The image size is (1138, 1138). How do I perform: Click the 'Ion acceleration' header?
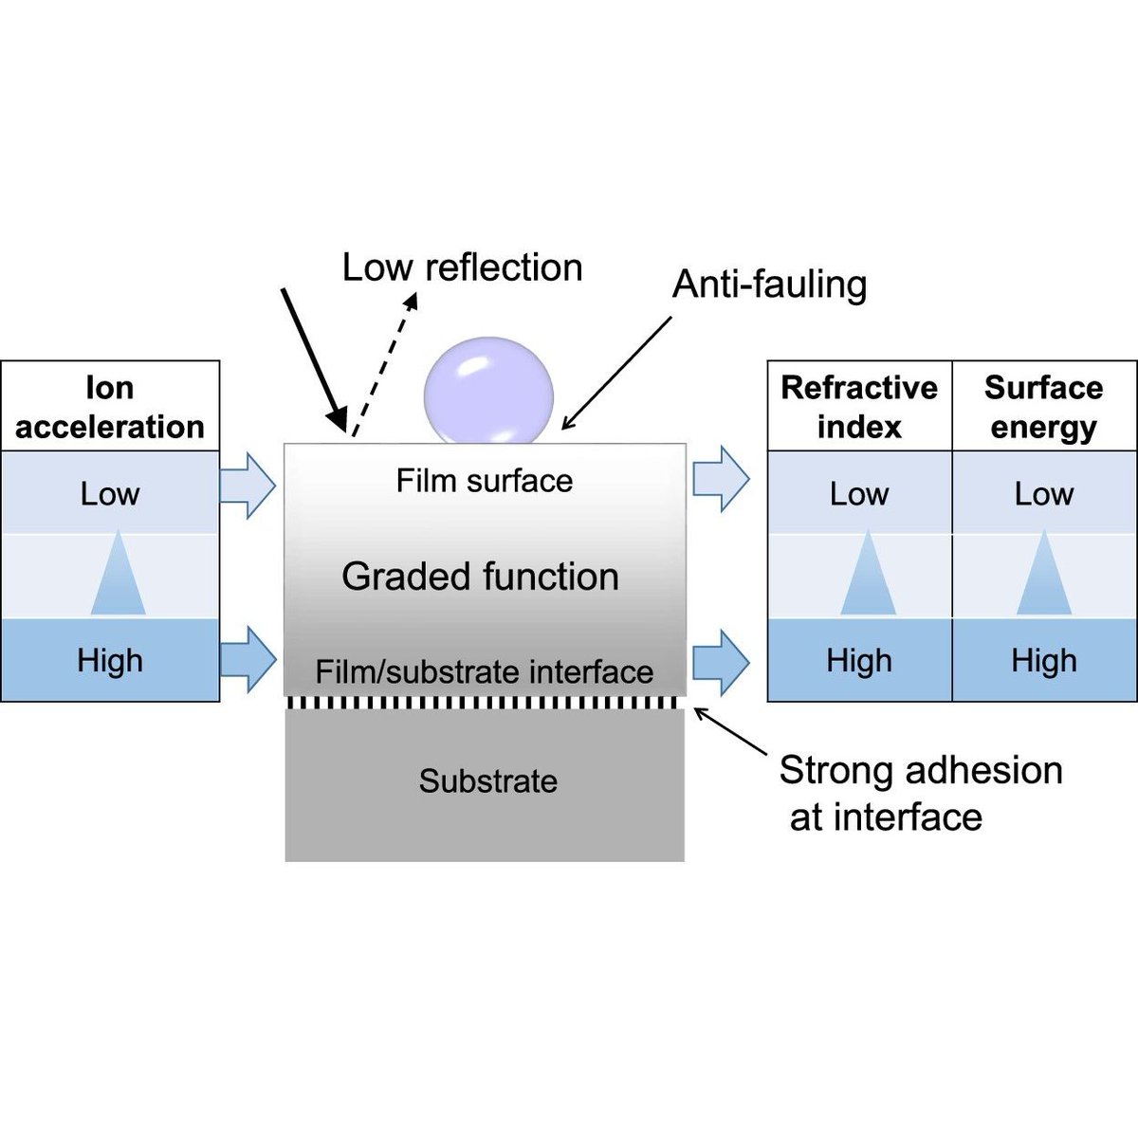tap(110, 407)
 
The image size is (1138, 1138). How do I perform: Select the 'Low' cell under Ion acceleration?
tap(110, 493)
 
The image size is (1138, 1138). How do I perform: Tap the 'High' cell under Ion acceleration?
tap(110, 660)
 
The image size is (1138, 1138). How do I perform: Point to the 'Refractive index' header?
tap(859, 407)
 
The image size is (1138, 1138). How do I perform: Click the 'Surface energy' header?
tap(1043, 407)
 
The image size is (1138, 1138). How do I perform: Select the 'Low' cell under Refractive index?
tap(859, 493)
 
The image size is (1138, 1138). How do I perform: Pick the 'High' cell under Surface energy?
tap(1043, 660)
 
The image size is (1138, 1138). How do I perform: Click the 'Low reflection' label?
tap(462, 267)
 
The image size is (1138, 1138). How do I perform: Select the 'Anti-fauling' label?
tap(769, 284)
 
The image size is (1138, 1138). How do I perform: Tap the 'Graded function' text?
tap(480, 577)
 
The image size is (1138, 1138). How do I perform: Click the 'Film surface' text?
tap(484, 481)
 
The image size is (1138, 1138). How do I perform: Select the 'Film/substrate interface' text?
tap(484, 672)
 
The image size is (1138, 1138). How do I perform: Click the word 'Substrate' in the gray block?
tap(487, 781)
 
